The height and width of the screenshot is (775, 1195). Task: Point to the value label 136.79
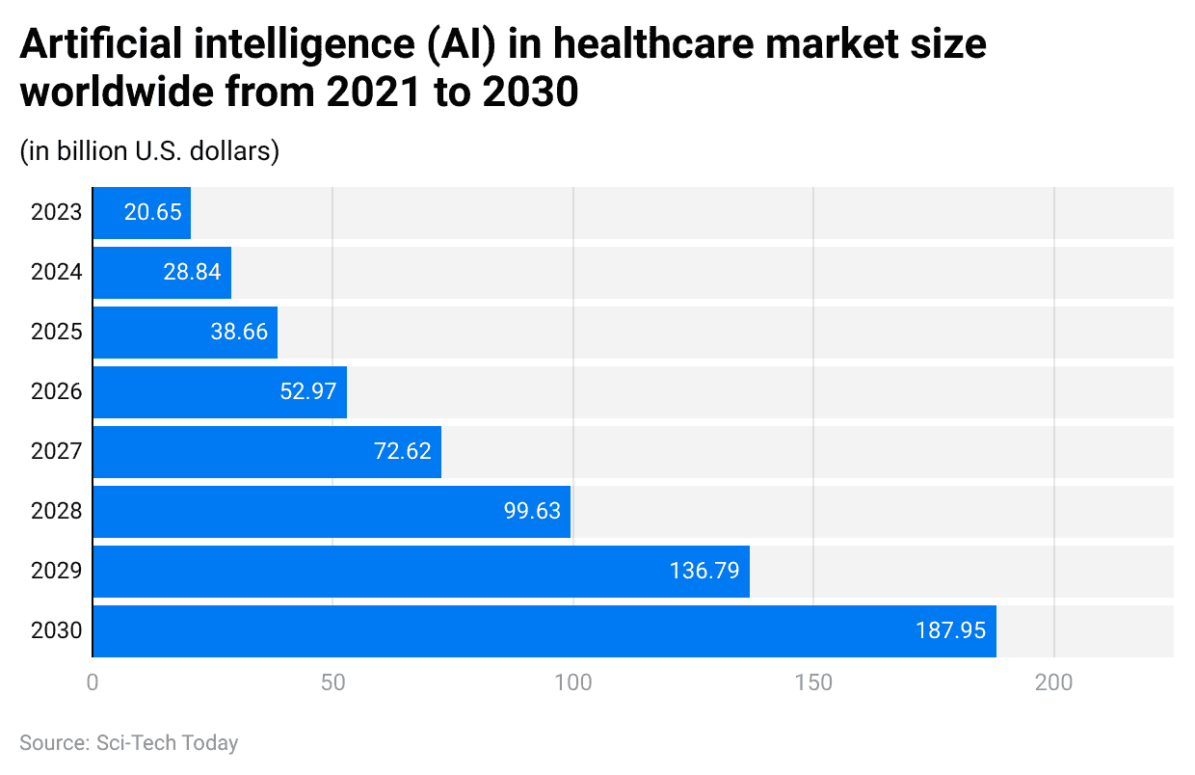click(704, 571)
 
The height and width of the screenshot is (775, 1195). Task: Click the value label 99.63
click(532, 511)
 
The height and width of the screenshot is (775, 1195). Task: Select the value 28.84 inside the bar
click(192, 273)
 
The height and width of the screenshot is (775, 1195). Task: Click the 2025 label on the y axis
click(56, 333)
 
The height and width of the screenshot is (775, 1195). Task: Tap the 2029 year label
click(56, 572)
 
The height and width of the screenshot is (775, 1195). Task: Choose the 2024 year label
click(56, 273)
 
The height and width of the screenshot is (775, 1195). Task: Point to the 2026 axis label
click(56, 392)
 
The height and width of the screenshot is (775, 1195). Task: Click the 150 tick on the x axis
click(813, 682)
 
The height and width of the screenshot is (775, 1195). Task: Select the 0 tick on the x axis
click(93, 682)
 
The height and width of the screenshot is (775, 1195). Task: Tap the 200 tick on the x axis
click(1054, 682)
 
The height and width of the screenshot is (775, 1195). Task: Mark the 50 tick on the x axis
click(332, 682)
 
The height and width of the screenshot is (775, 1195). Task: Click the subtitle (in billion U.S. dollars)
click(149, 151)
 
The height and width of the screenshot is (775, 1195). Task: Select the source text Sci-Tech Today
click(168, 743)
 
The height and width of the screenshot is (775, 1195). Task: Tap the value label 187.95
click(950, 631)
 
